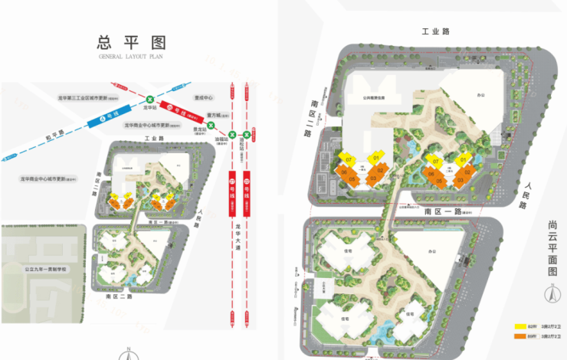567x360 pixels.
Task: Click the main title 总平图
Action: pyautogui.click(x=132, y=41)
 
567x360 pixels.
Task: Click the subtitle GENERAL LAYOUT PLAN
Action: pyautogui.click(x=131, y=57)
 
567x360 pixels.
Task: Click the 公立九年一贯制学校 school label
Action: pyautogui.click(x=45, y=270)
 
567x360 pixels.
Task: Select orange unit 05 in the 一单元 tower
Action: pyautogui.click(x=352, y=179)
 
